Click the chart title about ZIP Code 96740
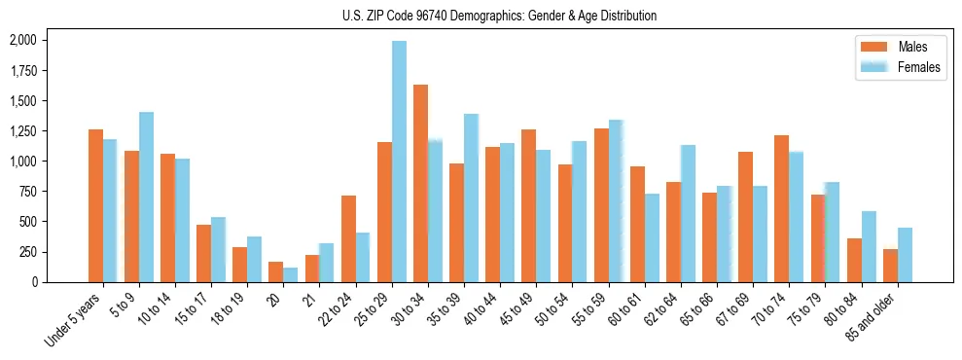tap(499, 16)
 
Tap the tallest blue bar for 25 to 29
tap(399, 162)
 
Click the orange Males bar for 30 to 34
tap(420, 183)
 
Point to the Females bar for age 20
tap(291, 274)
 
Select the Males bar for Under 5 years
tap(95, 205)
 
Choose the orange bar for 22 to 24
tap(348, 238)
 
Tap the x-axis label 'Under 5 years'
tap(73, 320)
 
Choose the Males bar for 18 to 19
tap(239, 264)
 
